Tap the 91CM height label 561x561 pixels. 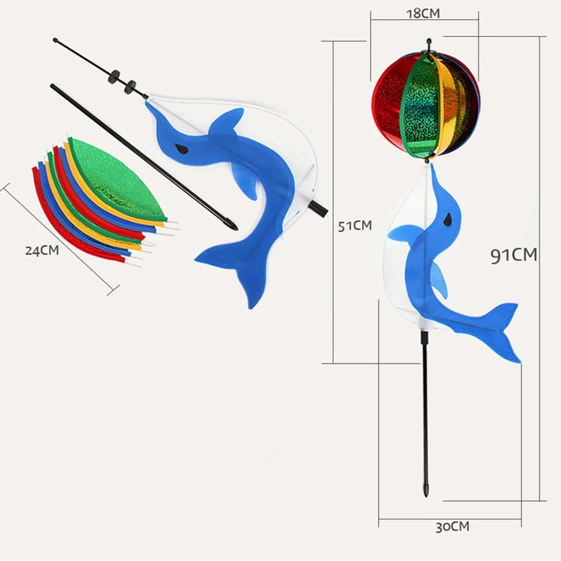tap(513, 255)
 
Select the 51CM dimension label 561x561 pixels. tap(354, 225)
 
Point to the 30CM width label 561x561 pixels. tap(452, 527)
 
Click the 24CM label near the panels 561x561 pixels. tap(41, 251)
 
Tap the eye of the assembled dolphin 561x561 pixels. tap(447, 219)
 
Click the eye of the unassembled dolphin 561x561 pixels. tap(180, 148)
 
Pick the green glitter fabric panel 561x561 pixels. tap(118, 178)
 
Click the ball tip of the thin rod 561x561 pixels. tap(55, 40)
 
